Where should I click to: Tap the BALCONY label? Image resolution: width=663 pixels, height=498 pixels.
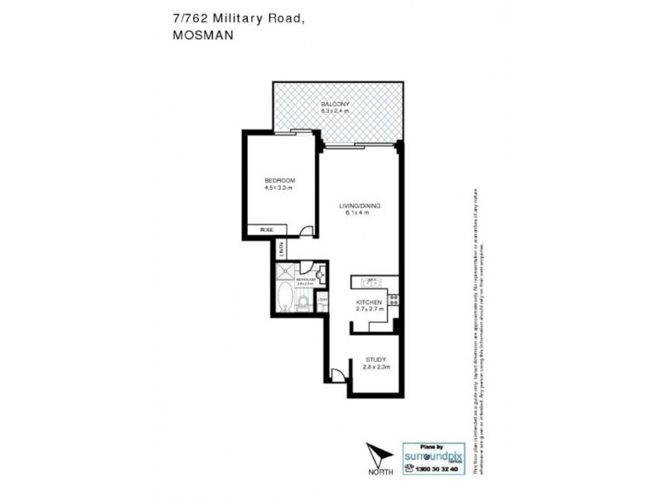coord(336,103)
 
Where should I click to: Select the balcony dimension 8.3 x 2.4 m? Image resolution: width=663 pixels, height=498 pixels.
coord(336,110)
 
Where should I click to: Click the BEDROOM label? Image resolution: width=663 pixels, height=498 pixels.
coord(280,181)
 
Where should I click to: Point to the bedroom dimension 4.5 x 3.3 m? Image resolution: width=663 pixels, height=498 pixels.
coord(280,188)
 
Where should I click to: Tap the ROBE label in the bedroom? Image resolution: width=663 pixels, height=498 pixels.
coord(267,229)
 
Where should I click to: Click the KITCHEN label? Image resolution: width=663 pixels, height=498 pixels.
coord(368,301)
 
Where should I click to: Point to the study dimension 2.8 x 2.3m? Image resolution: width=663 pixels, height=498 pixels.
coord(376,367)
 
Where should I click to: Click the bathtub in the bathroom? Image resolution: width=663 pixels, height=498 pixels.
coord(286,298)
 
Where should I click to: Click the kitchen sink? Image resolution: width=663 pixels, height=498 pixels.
coord(371,281)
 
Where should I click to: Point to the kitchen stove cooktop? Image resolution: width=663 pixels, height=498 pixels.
coord(393,300)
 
